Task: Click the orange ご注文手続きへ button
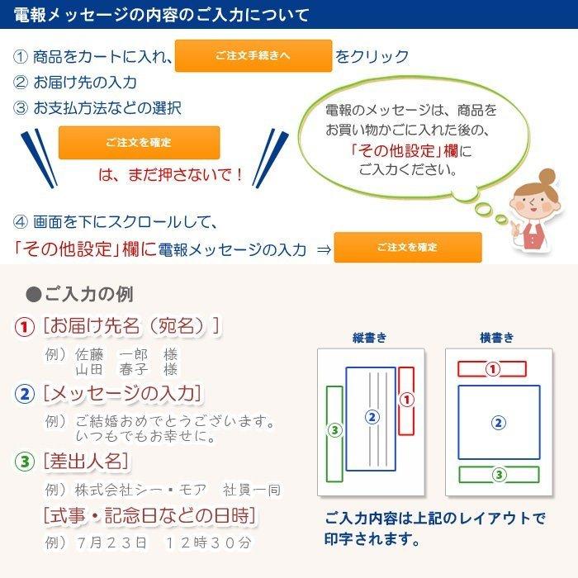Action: pyautogui.click(x=253, y=56)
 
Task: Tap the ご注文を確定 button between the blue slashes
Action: pyautogui.click(x=139, y=143)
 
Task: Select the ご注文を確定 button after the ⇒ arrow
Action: pyautogui.click(x=407, y=248)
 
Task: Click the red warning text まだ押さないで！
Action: pyautogui.click(x=172, y=175)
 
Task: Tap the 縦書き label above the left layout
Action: pyautogui.click(x=369, y=338)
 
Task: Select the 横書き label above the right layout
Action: pyautogui.click(x=496, y=338)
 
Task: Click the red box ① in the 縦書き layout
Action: pyautogui.click(x=406, y=400)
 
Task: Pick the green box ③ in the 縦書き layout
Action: pyautogui.click(x=334, y=429)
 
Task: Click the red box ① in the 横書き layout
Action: pyautogui.click(x=492, y=369)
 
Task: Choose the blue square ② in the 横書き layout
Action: pyautogui.click(x=498, y=422)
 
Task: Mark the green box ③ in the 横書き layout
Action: pyautogui.click(x=498, y=475)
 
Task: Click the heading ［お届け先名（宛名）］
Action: pyautogui.click(x=131, y=326)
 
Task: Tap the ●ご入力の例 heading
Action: pyautogui.click(x=79, y=295)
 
